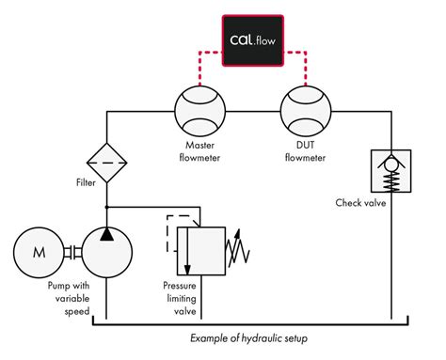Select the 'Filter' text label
tap(87, 182)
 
